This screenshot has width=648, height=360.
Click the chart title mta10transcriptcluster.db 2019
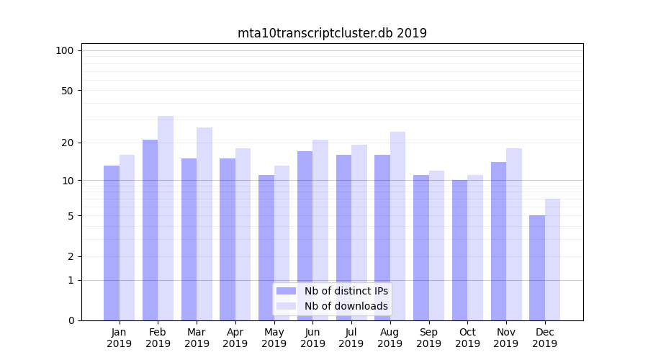pos(332,33)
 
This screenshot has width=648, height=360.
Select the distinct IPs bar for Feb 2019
pos(150,230)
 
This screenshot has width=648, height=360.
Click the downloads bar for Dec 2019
pos(552,259)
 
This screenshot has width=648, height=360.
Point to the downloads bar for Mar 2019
pos(204,224)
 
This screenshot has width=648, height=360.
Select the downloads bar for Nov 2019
pos(514,234)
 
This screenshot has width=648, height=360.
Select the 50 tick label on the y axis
pos(67,91)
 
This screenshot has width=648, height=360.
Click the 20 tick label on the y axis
pos(67,143)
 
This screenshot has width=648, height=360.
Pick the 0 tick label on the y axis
pos(71,320)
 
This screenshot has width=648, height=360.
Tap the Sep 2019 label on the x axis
pos(428,338)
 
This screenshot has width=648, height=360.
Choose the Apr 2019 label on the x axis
pos(235,338)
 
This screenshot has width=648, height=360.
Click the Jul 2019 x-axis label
pos(351,338)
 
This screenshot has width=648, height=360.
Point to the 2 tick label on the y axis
pos(71,256)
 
